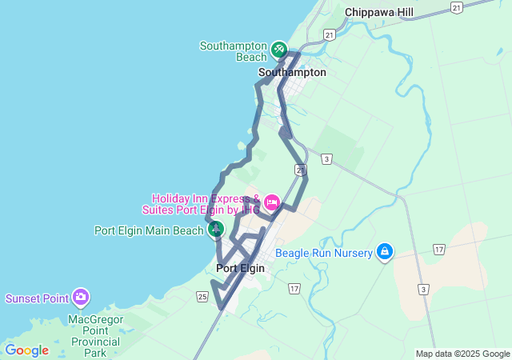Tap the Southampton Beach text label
(233, 50)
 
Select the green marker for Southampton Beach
(278, 50)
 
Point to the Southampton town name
(292, 72)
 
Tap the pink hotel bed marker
(271, 201)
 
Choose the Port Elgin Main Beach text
(149, 230)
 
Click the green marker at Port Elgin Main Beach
(215, 230)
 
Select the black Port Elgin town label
(240, 268)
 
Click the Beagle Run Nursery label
(324, 253)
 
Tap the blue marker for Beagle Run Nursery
(385, 252)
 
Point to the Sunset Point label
(38, 298)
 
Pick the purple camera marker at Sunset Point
(80, 298)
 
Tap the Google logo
(26, 350)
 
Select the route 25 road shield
(202, 297)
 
